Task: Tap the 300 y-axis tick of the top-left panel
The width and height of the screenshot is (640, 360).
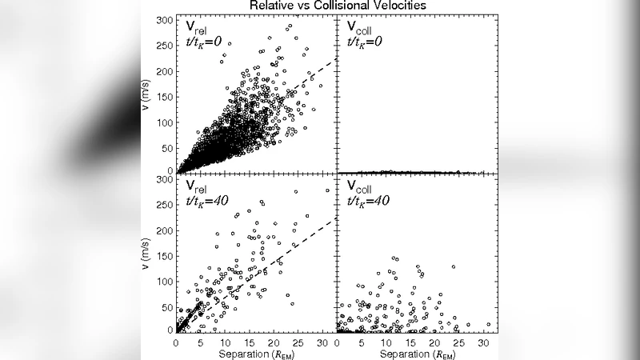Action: (164, 20)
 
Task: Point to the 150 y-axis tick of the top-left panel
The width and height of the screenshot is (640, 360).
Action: (164, 96)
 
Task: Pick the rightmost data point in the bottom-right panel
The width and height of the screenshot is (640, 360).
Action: (488, 325)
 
